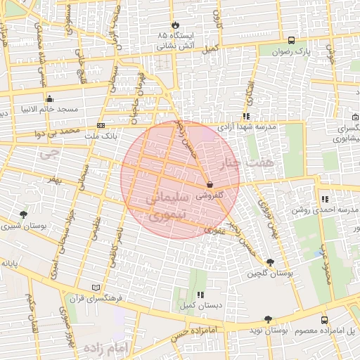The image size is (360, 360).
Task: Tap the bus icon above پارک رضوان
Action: tap(292, 40)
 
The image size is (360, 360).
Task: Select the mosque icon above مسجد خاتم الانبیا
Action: tap(49, 98)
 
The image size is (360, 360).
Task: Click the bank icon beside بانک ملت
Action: tap(101, 126)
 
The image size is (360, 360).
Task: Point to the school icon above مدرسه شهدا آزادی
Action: tap(245, 117)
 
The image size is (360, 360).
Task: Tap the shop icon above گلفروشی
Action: tap(210, 184)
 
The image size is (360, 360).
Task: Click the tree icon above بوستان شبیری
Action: tap(24, 214)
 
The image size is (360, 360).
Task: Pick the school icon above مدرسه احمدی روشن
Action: tap(323, 199)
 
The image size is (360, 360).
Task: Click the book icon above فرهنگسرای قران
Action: tap(96, 288)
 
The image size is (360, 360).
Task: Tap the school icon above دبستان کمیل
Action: tap(200, 295)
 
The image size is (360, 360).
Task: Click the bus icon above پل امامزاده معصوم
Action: tap(323, 319)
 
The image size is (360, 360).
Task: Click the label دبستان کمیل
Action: tap(201, 306)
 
